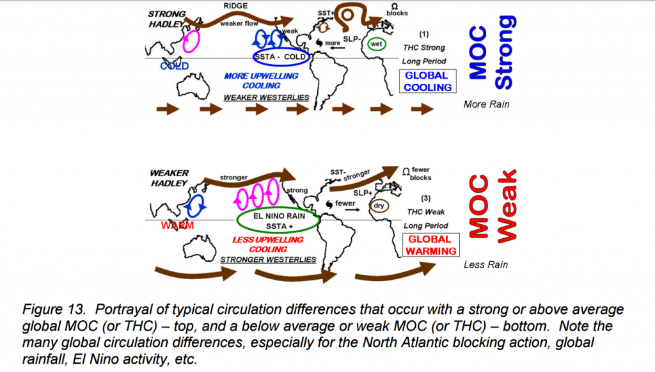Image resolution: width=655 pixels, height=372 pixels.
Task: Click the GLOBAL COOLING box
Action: pyautogui.click(x=428, y=81)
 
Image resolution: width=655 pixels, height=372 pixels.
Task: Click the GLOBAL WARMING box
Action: pyautogui.click(x=430, y=245)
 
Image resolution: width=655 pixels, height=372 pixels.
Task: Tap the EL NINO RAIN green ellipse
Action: pyautogui.click(x=280, y=220)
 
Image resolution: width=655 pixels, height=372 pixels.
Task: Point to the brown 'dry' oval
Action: pyautogui.click(x=379, y=206)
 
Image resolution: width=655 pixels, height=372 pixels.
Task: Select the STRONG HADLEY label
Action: pyautogui.click(x=167, y=19)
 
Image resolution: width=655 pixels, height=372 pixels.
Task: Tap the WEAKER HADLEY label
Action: pyautogui.click(x=170, y=178)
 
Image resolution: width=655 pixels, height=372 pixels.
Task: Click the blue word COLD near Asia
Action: pyautogui.click(x=175, y=66)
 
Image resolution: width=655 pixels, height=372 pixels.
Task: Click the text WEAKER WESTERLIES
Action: pyautogui.click(x=266, y=97)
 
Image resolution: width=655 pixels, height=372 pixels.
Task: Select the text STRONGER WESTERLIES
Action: pyautogui.click(x=268, y=259)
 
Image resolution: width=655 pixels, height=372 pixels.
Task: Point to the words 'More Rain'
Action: pyautogui.click(x=486, y=104)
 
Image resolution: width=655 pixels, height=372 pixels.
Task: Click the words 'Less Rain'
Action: pyautogui.click(x=486, y=264)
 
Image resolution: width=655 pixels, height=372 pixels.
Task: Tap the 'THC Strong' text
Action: pyautogui.click(x=424, y=47)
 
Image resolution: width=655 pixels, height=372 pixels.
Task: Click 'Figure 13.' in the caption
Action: pyautogui.click(x=49, y=309)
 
